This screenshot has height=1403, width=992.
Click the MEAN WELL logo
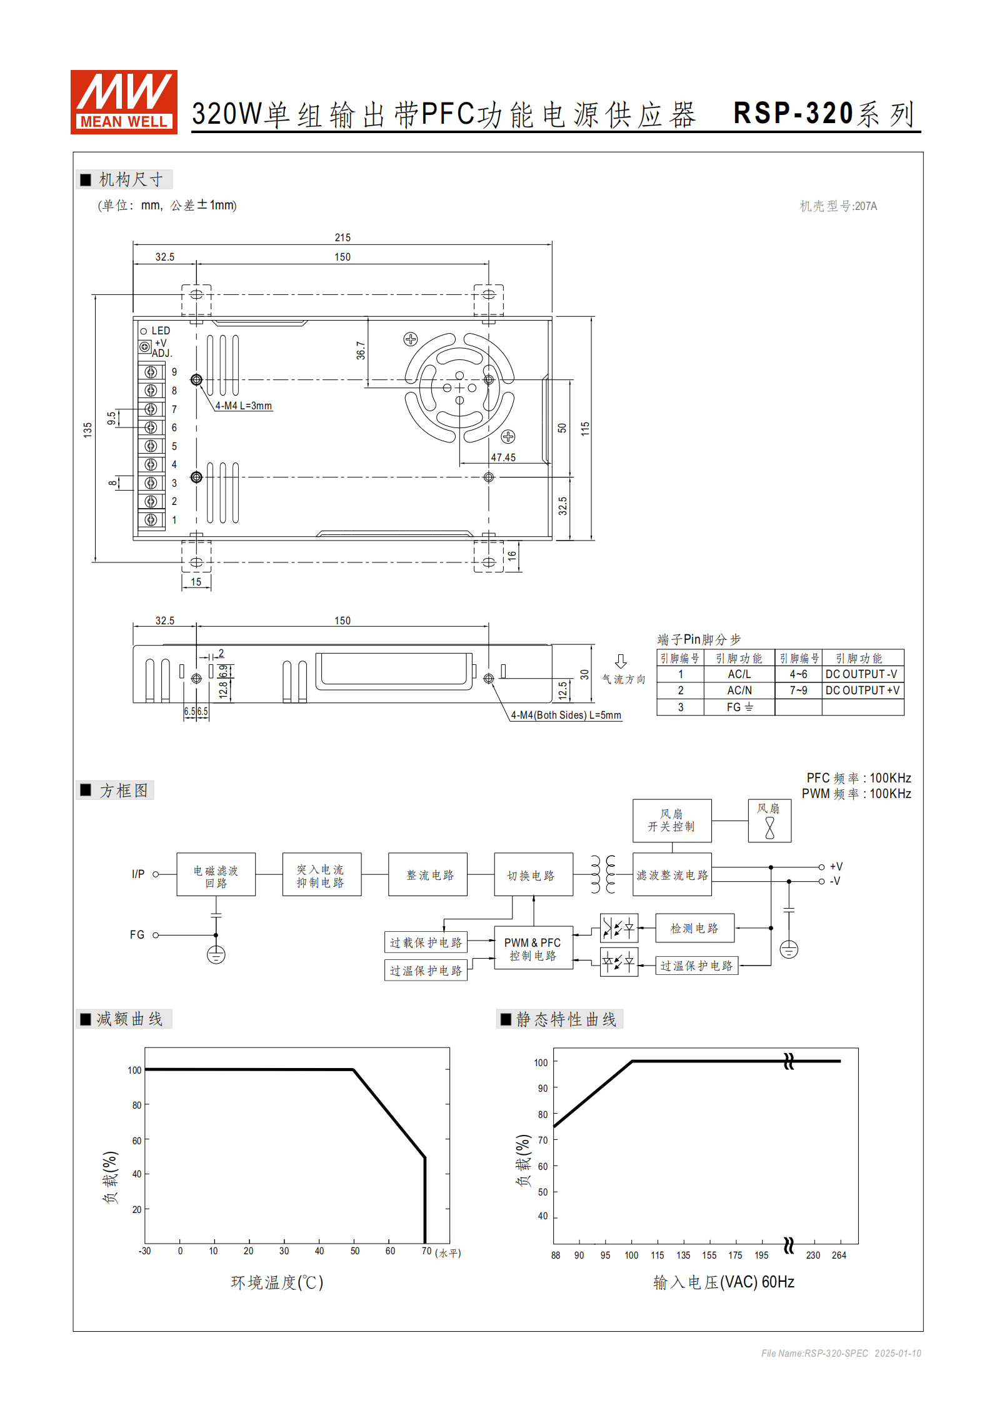pos(124,102)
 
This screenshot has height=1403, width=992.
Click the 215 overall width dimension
pos(343,237)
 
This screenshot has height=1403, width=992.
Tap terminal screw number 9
pos(151,372)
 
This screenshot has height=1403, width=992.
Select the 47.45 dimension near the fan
pos(503,457)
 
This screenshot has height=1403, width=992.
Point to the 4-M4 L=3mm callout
pos(244,406)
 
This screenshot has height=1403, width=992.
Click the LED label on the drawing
pos(161,331)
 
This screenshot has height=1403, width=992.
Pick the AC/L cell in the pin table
pos(739,674)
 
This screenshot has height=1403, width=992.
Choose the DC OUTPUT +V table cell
pos(862,691)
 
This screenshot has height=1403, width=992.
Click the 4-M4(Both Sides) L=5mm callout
pos(566,715)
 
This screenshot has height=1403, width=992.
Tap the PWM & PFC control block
pos(533,948)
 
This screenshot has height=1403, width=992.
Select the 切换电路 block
pos(533,875)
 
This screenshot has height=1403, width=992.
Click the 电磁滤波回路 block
pos(216,875)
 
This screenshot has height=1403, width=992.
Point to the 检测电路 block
pos(694,928)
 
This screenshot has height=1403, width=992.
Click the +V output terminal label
pos(836,867)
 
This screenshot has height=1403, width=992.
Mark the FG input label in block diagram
pos(137,935)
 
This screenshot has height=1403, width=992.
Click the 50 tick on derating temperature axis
pos(355,1251)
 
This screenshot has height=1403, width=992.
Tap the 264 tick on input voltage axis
pos(839,1256)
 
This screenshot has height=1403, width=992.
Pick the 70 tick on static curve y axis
pos(543,1140)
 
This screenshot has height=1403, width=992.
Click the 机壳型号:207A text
pos(838,206)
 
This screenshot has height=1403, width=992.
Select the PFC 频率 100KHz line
pos(858,778)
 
